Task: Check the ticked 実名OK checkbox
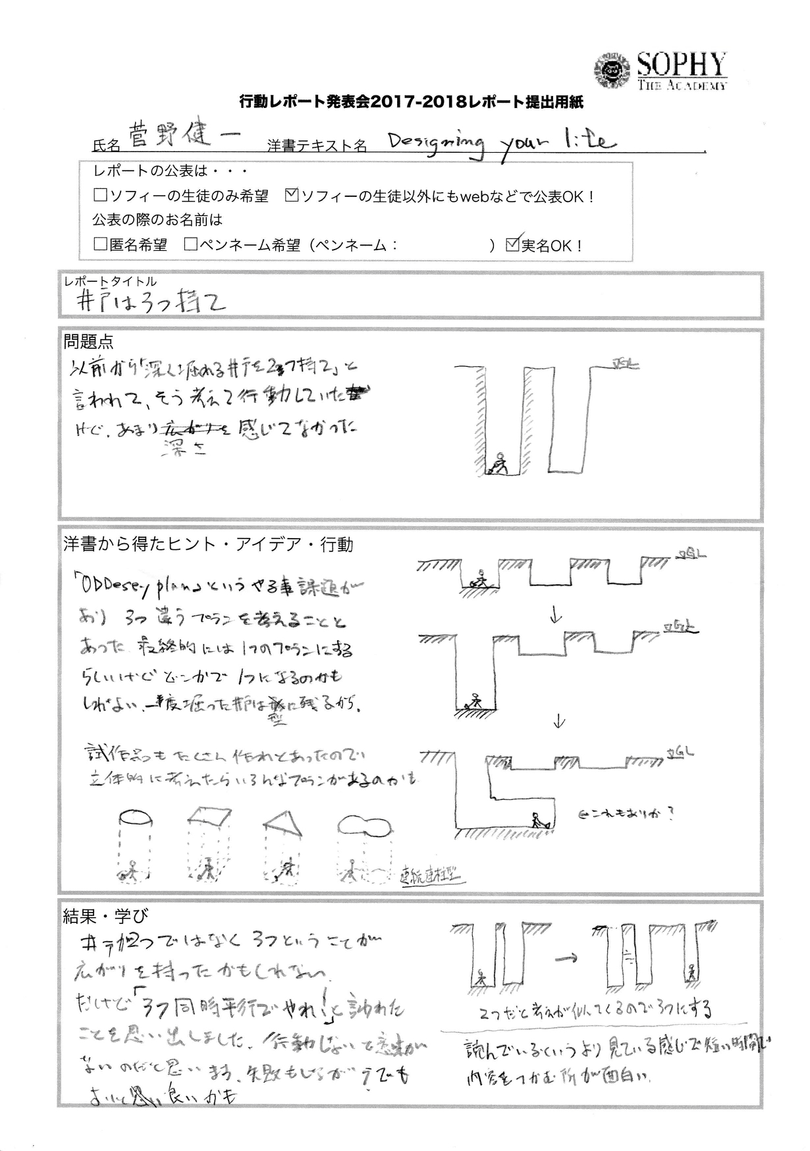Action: (512, 245)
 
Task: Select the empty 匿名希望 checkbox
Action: (101, 245)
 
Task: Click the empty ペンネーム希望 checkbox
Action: (191, 245)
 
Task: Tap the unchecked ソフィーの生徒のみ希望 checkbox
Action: (101, 196)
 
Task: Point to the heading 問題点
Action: (88, 341)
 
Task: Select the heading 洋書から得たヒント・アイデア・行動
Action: (208, 544)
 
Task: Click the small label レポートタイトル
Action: (111, 282)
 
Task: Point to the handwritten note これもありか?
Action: (626, 813)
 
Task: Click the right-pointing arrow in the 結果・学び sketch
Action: (564, 959)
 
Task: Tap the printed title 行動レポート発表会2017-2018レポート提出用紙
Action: (411, 102)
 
